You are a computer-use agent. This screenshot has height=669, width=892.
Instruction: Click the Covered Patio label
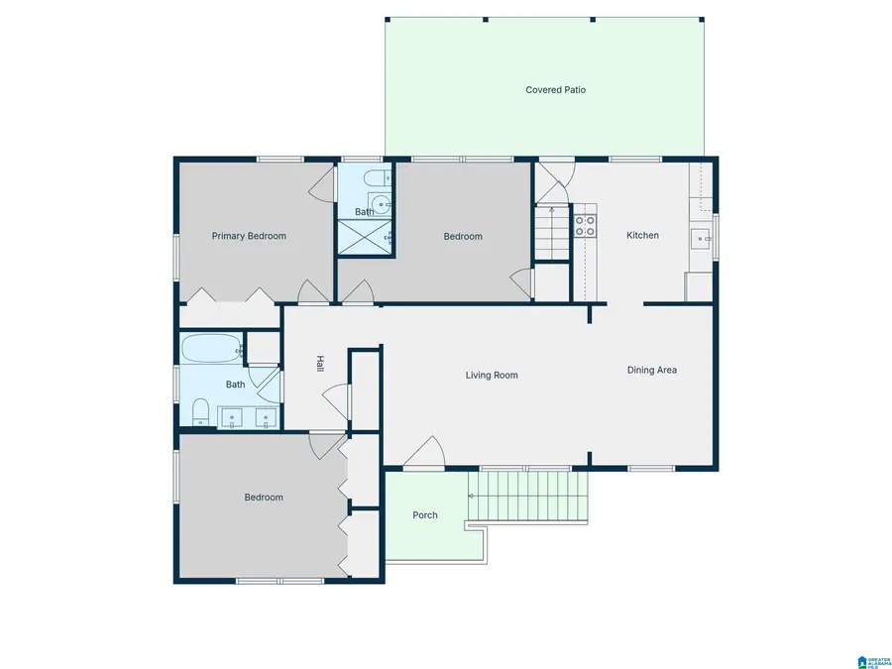click(555, 90)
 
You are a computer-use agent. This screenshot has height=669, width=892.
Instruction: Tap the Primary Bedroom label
click(249, 236)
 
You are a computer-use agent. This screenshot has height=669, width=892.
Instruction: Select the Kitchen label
click(642, 236)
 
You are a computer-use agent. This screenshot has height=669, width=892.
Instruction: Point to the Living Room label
click(492, 376)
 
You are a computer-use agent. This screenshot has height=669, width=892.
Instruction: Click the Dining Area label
click(651, 370)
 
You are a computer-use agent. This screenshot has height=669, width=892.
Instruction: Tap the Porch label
click(425, 515)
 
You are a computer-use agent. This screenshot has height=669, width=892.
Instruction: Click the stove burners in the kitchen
click(585, 226)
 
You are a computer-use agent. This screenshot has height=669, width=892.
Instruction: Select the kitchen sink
click(701, 238)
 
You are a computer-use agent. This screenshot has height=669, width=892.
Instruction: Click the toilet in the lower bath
click(199, 410)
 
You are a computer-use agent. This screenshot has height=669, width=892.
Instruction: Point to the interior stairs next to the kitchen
click(551, 233)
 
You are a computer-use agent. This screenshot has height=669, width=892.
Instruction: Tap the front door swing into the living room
click(424, 453)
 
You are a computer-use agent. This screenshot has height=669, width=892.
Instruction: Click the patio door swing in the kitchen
click(553, 178)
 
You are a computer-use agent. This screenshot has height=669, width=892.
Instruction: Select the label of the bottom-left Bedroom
click(264, 498)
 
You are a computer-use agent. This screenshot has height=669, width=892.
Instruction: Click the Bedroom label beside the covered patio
click(462, 236)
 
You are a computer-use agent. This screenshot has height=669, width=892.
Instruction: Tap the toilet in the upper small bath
click(374, 179)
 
